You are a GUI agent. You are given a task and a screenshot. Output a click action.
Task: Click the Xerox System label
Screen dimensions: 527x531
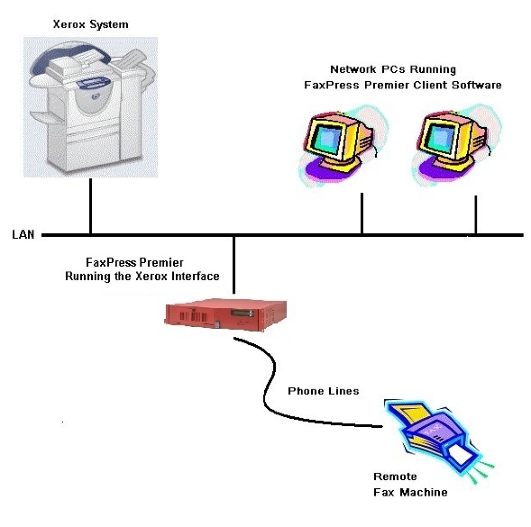[90, 24]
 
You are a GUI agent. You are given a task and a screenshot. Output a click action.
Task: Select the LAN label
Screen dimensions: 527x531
[23, 235]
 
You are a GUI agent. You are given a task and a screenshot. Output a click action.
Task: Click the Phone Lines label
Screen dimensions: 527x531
[323, 391]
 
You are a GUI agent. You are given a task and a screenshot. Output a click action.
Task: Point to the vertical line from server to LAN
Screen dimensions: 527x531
[233, 266]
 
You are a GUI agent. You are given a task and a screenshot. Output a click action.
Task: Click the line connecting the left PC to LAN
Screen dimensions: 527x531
[362, 212]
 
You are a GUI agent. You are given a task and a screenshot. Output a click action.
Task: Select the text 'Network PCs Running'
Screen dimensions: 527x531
[393, 69]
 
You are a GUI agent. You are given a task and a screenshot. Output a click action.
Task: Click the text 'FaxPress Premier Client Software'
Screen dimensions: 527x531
[401, 85]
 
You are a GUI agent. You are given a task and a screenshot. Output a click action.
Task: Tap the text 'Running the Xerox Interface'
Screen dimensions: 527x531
[142, 277]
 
